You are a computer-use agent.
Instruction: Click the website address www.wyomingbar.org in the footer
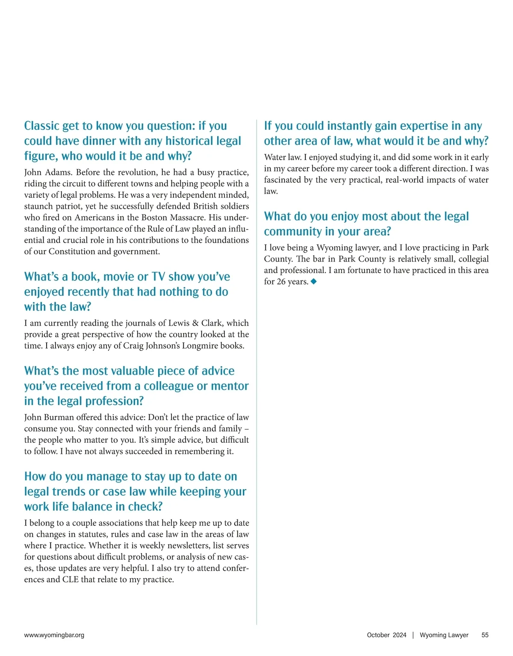54,635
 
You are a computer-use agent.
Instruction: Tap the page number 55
485,635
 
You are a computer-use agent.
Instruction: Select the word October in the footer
378,635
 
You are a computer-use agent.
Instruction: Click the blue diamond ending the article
314,281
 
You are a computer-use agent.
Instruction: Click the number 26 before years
281,282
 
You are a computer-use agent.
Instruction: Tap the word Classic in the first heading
41,126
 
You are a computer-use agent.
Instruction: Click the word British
207,206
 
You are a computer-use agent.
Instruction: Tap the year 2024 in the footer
399,635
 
